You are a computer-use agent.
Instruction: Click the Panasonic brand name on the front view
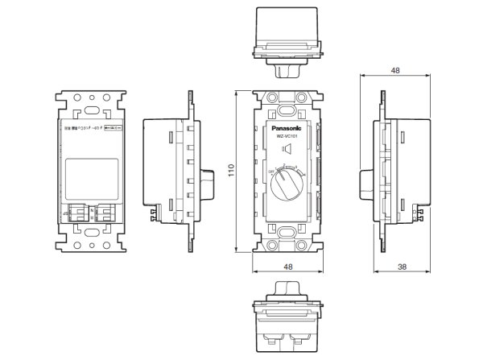[287, 127]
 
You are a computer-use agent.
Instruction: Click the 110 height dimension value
[230, 171]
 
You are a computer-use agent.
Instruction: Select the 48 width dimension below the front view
[287, 267]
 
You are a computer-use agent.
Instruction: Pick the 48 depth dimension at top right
[394, 70]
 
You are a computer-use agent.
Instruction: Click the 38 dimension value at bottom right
[402, 267]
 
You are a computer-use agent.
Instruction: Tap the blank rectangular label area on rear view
[91, 174]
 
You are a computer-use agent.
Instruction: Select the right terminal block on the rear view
[106, 211]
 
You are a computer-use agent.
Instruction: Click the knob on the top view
[287, 71]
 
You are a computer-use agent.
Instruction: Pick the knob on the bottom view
[287, 289]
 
